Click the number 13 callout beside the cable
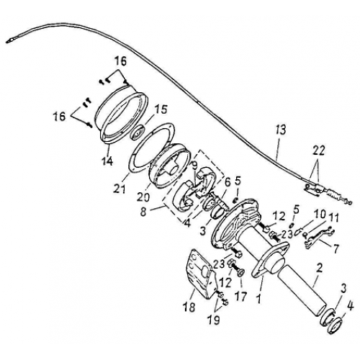pyautogui.click(x=281, y=130)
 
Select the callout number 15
pyautogui.click(x=161, y=109)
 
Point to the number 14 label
pyautogui.click(x=107, y=161)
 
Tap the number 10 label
pyautogui.click(x=319, y=214)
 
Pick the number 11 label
pyautogui.click(x=333, y=217)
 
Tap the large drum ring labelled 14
pyautogui.click(x=122, y=115)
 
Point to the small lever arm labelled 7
pyautogui.click(x=315, y=237)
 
